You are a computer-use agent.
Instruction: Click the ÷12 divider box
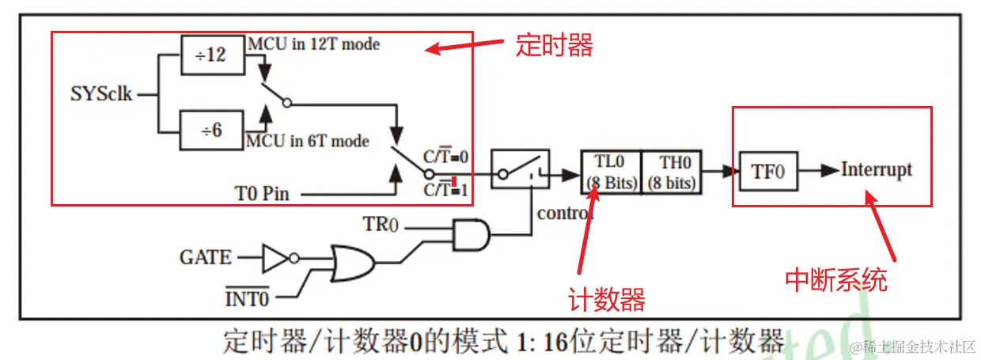coord(212,55)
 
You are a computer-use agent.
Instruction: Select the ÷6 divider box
coord(212,130)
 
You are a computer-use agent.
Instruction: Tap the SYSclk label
coord(101,94)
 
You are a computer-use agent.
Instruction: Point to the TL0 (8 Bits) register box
coord(610,172)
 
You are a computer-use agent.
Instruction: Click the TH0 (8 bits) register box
coord(671,172)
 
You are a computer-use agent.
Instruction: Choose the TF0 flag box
coord(767,171)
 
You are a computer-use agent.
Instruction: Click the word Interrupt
coord(876,169)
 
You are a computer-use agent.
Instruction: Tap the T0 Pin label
coord(262,193)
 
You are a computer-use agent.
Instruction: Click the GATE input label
coord(206,257)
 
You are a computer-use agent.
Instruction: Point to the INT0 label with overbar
coord(247,299)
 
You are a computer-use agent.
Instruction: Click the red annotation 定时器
coord(554,45)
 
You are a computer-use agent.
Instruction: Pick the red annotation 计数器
coord(607,300)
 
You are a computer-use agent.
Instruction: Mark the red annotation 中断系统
coord(836,279)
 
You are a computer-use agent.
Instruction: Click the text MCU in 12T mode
coord(313,44)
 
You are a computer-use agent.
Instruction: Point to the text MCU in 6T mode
coord(308,141)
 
